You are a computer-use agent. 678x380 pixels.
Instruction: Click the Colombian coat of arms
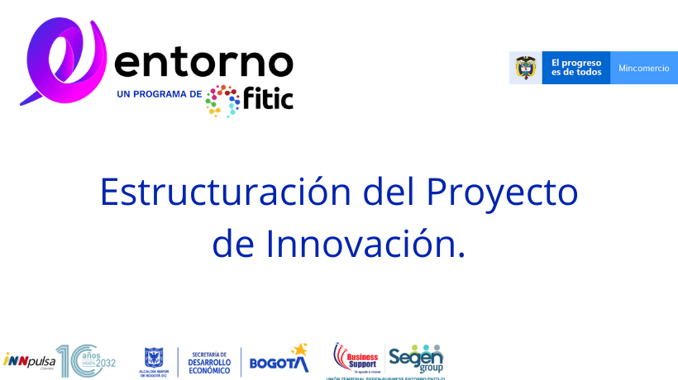(x=526, y=68)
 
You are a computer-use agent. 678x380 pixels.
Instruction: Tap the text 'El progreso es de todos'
(x=576, y=68)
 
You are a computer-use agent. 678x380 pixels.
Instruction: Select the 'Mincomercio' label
(x=644, y=68)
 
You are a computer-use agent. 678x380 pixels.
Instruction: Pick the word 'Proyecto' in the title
(x=502, y=192)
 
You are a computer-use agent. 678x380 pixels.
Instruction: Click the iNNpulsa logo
(x=29, y=360)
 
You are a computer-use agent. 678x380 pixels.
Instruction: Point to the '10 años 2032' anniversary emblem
(x=86, y=360)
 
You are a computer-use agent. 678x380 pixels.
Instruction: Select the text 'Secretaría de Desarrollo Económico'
(x=209, y=361)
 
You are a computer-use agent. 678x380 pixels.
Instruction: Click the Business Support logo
(x=356, y=357)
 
